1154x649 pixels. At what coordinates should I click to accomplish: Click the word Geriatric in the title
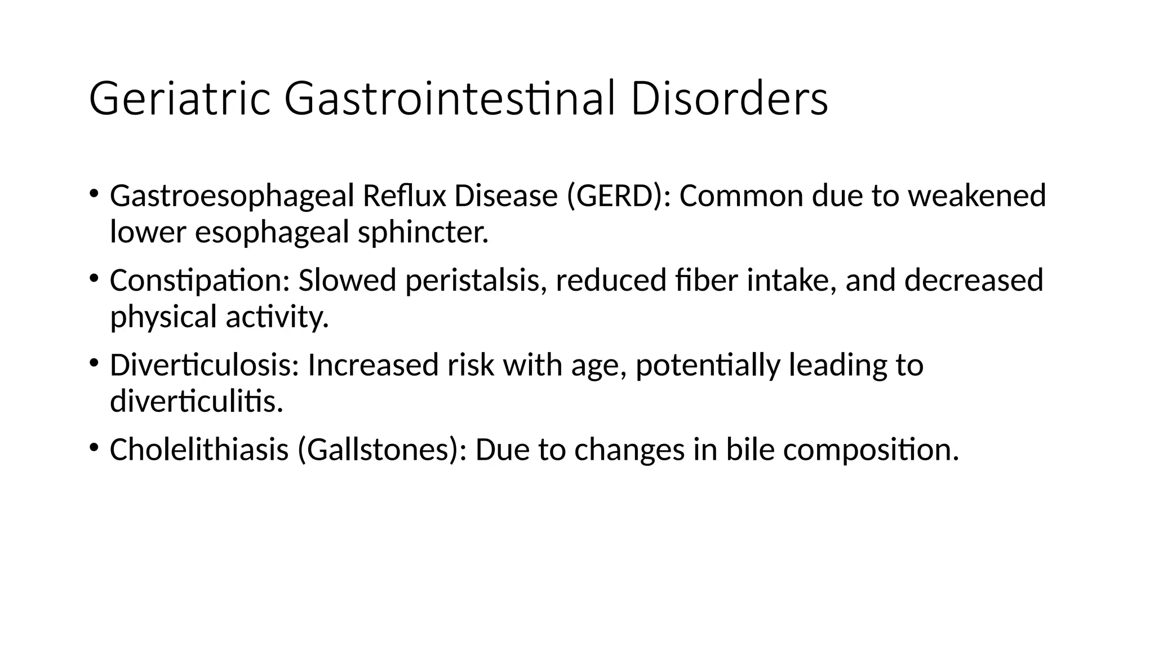click(x=179, y=100)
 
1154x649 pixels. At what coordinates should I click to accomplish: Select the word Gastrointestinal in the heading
click(x=449, y=100)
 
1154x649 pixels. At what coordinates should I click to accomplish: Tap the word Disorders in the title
click(x=729, y=100)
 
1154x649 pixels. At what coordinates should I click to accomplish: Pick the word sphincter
click(x=423, y=232)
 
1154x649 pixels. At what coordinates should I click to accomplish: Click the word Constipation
click(x=199, y=281)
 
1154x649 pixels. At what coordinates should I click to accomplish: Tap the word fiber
click(x=706, y=281)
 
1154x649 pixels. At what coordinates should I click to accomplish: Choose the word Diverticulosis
click(x=204, y=365)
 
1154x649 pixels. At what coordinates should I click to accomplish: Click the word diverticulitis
click(x=196, y=401)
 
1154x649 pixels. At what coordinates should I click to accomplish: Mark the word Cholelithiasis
click(x=199, y=450)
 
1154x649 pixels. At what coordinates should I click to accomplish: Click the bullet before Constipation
click(x=94, y=278)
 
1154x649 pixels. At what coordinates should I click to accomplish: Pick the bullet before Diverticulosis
click(x=94, y=362)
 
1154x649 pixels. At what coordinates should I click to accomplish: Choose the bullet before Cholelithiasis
click(x=94, y=447)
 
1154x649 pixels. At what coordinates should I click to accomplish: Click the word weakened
click(x=977, y=197)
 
